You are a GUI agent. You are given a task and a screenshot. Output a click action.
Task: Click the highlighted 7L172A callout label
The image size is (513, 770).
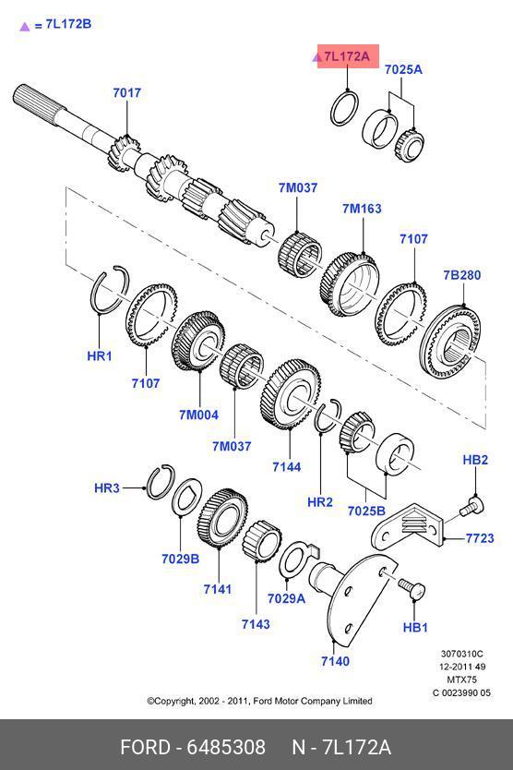348,56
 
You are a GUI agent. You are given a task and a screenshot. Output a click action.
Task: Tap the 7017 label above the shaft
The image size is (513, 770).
126,92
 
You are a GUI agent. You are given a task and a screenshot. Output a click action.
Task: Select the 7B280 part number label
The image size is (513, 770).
462,275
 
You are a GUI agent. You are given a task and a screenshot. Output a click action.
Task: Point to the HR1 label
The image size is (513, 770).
99,355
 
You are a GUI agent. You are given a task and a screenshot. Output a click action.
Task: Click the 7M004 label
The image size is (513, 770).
198,415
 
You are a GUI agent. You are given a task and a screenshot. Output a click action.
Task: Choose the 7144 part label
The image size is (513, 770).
287,466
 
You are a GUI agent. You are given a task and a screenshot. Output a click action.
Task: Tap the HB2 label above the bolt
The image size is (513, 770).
475,460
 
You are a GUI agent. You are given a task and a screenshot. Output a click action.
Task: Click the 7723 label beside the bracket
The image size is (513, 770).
480,538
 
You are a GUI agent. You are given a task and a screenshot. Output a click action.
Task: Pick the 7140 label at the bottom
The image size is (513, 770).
335,661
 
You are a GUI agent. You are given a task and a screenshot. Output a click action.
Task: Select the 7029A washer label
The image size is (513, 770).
286,598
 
